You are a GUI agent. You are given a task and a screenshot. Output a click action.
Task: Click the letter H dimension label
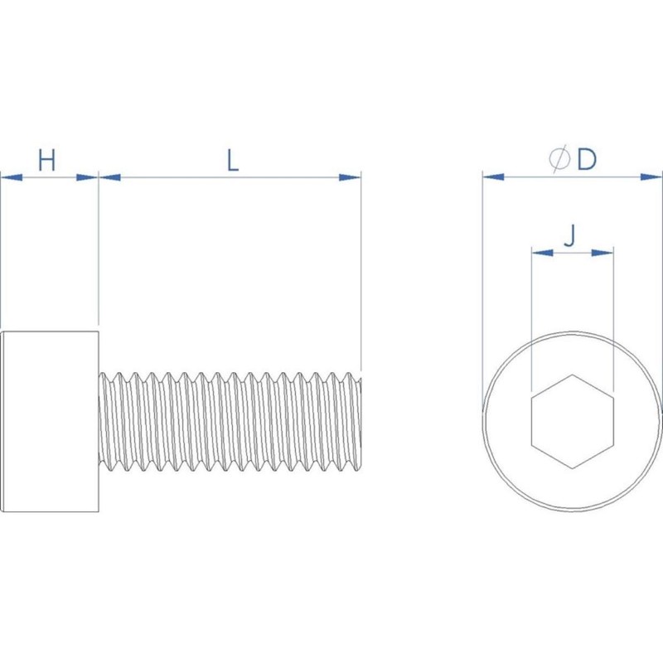pos(47,160)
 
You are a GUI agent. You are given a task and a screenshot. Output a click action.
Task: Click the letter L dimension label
pos(233,161)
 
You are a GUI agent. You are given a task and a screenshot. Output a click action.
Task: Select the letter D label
pos(587,160)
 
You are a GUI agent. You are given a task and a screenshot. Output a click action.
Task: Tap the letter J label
pos(570,235)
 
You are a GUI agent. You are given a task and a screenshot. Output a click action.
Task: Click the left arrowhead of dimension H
pos(12,177)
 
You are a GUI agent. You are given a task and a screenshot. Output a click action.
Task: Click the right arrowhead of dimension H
pos(87,177)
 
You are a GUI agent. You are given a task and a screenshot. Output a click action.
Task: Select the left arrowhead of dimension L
pos(110,177)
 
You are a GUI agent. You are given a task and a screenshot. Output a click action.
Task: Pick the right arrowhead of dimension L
pos(350,177)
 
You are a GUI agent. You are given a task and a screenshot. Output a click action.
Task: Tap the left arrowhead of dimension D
pos(493,177)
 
